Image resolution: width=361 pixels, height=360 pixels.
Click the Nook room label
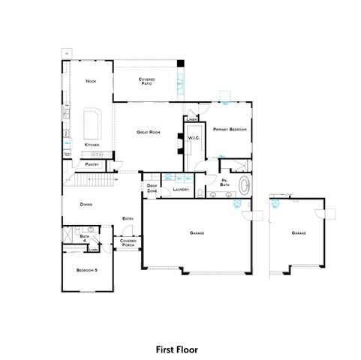91,81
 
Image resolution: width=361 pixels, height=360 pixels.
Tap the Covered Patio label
146,81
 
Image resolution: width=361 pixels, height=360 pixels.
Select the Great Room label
149,132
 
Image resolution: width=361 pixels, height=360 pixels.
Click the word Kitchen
92,145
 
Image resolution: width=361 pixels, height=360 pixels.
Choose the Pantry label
92,163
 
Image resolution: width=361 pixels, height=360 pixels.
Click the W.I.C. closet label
192,137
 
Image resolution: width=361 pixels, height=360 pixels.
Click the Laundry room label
180,190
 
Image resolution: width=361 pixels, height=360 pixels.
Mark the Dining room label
87,203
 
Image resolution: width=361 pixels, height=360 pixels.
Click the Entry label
128,219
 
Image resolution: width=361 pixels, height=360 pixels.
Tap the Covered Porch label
128,243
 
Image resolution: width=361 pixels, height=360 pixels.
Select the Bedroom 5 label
87,270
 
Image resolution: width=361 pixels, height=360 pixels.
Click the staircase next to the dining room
93,181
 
